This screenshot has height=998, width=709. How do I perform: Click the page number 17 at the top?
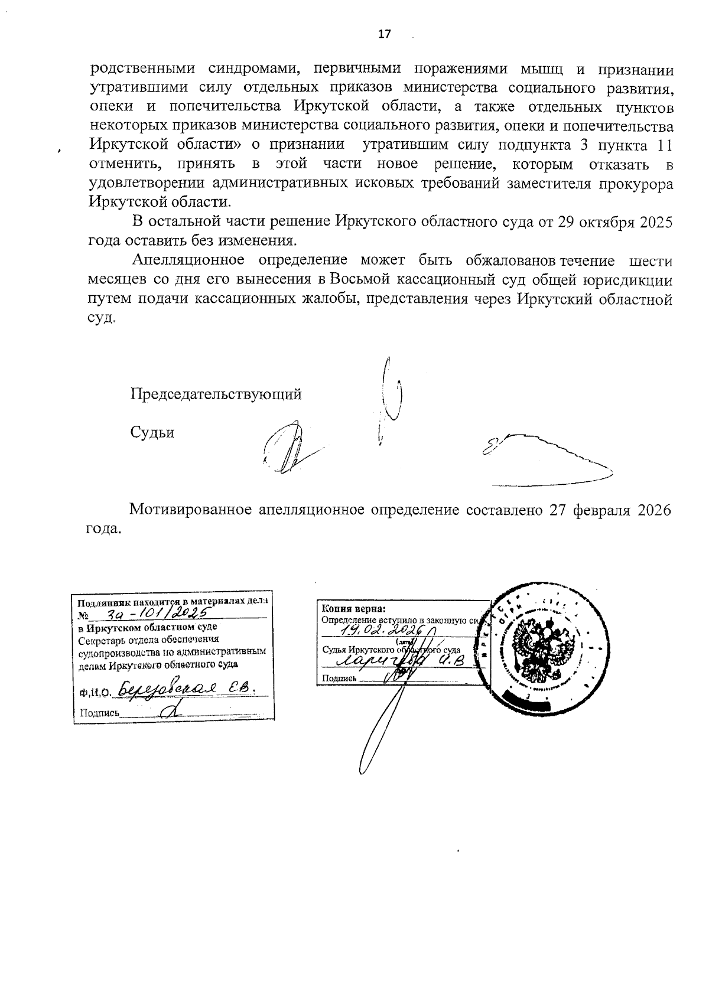384,34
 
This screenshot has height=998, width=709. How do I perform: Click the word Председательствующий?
216,394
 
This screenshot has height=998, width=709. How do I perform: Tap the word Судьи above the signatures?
152,433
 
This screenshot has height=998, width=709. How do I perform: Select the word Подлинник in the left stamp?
100,603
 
